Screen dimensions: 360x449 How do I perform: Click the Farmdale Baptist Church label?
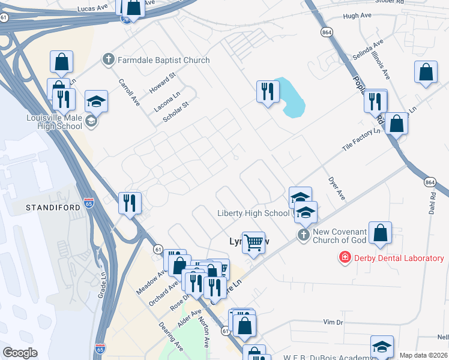(163, 60)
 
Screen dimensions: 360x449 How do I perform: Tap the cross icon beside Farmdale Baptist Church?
(108, 59)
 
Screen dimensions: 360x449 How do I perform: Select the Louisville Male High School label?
(55, 122)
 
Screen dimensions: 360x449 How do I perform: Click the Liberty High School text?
(253, 214)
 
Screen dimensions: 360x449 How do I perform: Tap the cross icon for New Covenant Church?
(304, 235)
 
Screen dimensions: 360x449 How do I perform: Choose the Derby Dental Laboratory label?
(399, 259)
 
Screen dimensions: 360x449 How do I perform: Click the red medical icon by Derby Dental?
(345, 259)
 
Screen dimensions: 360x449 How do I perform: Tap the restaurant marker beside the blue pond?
(267, 92)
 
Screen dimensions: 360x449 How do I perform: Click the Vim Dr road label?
(333, 322)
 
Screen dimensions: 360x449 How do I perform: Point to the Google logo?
(20, 353)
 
